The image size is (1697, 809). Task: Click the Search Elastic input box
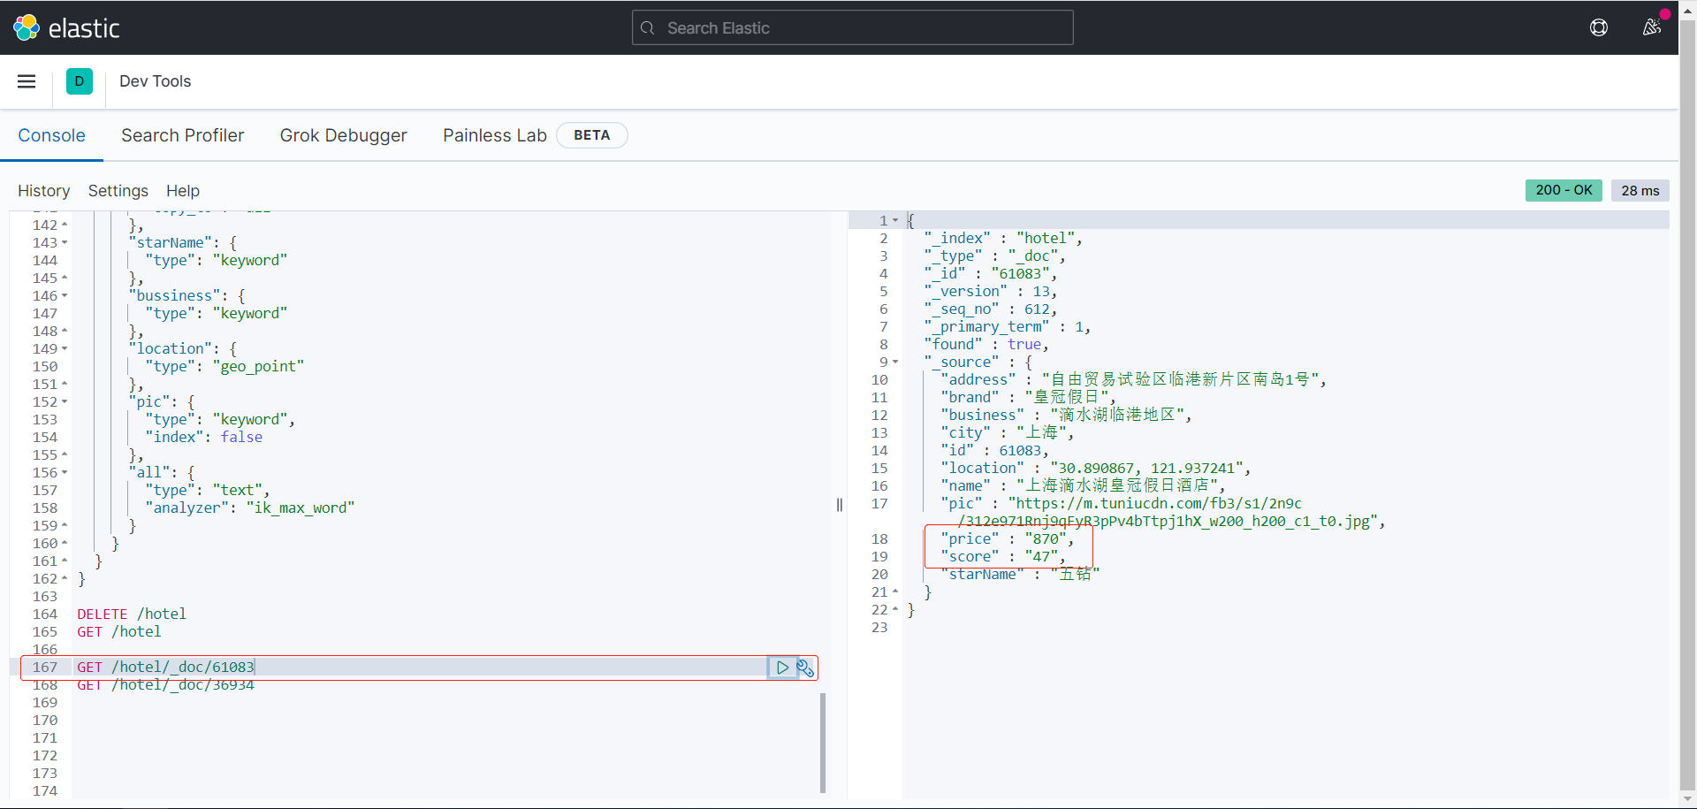coord(852,28)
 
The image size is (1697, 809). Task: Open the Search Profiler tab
coord(182,135)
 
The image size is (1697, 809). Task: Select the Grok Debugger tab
coord(343,135)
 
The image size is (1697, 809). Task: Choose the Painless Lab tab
coord(494,135)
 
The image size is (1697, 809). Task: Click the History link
coord(43,191)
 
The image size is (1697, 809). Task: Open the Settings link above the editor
coord(118,191)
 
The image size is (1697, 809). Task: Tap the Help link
coord(183,191)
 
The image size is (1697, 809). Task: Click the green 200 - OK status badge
coord(1563,190)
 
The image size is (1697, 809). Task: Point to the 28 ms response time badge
coord(1640,191)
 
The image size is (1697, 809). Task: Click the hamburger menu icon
coord(27,81)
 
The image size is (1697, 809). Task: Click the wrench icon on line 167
coord(805,668)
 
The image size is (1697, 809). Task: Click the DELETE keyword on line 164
coord(103,614)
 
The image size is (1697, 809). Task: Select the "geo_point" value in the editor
coord(258,366)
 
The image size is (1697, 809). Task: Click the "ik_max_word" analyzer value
coord(301,508)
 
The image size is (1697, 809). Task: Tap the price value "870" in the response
coord(1046,538)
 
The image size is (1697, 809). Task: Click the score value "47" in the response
coord(1042,556)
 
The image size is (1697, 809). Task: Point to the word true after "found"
coord(1024,344)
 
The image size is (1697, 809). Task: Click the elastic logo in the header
coord(66,28)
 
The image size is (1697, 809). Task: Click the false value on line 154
coord(241,437)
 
